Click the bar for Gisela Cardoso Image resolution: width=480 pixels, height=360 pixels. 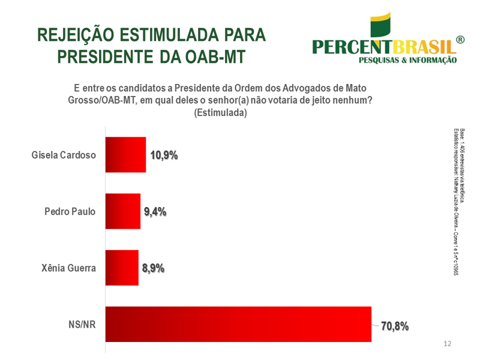click(x=125, y=155)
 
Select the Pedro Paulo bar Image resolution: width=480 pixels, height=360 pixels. click(x=123, y=211)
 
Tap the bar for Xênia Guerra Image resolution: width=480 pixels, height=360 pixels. click(x=122, y=268)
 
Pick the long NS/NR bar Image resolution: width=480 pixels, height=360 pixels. click(x=238, y=324)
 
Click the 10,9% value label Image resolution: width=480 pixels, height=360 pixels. click(x=164, y=155)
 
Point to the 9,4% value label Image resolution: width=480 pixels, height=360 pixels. click(x=154, y=211)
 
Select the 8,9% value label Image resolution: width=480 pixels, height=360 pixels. click(x=153, y=268)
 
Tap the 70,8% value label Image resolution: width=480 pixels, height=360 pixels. click(x=395, y=326)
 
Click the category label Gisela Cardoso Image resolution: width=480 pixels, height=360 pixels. click(x=64, y=155)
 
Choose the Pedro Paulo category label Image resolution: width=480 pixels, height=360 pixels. click(x=70, y=211)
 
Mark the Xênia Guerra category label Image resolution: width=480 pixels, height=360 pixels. click(x=67, y=268)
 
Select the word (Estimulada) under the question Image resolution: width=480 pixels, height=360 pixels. click(x=221, y=113)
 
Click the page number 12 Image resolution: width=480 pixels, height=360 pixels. click(x=447, y=344)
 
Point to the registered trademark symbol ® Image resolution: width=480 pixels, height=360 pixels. click(x=460, y=40)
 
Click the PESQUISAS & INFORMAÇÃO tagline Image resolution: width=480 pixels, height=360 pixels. click(x=407, y=60)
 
